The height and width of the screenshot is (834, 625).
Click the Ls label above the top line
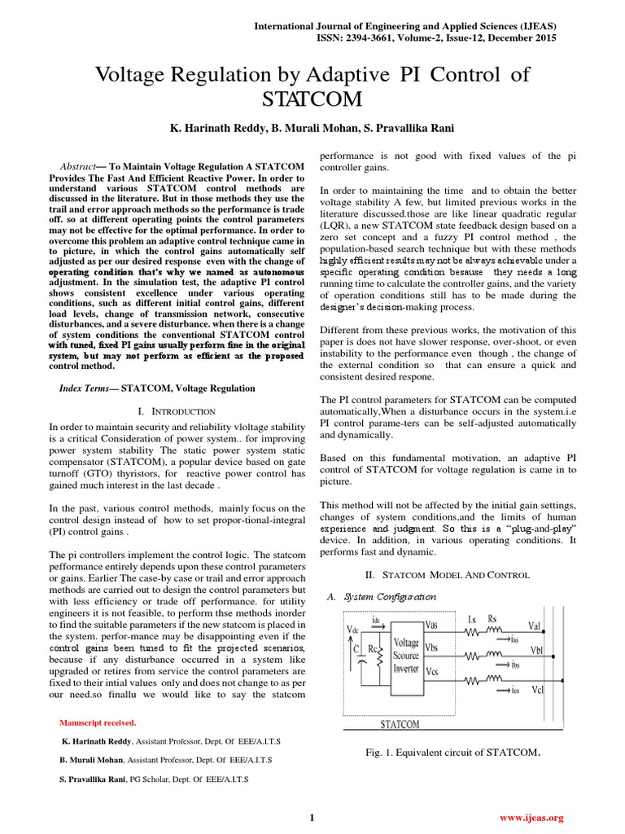point(472,619)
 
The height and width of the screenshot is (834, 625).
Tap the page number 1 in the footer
point(312,817)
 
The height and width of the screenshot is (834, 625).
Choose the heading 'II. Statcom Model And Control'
point(448,575)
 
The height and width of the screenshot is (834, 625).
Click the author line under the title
point(312,129)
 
